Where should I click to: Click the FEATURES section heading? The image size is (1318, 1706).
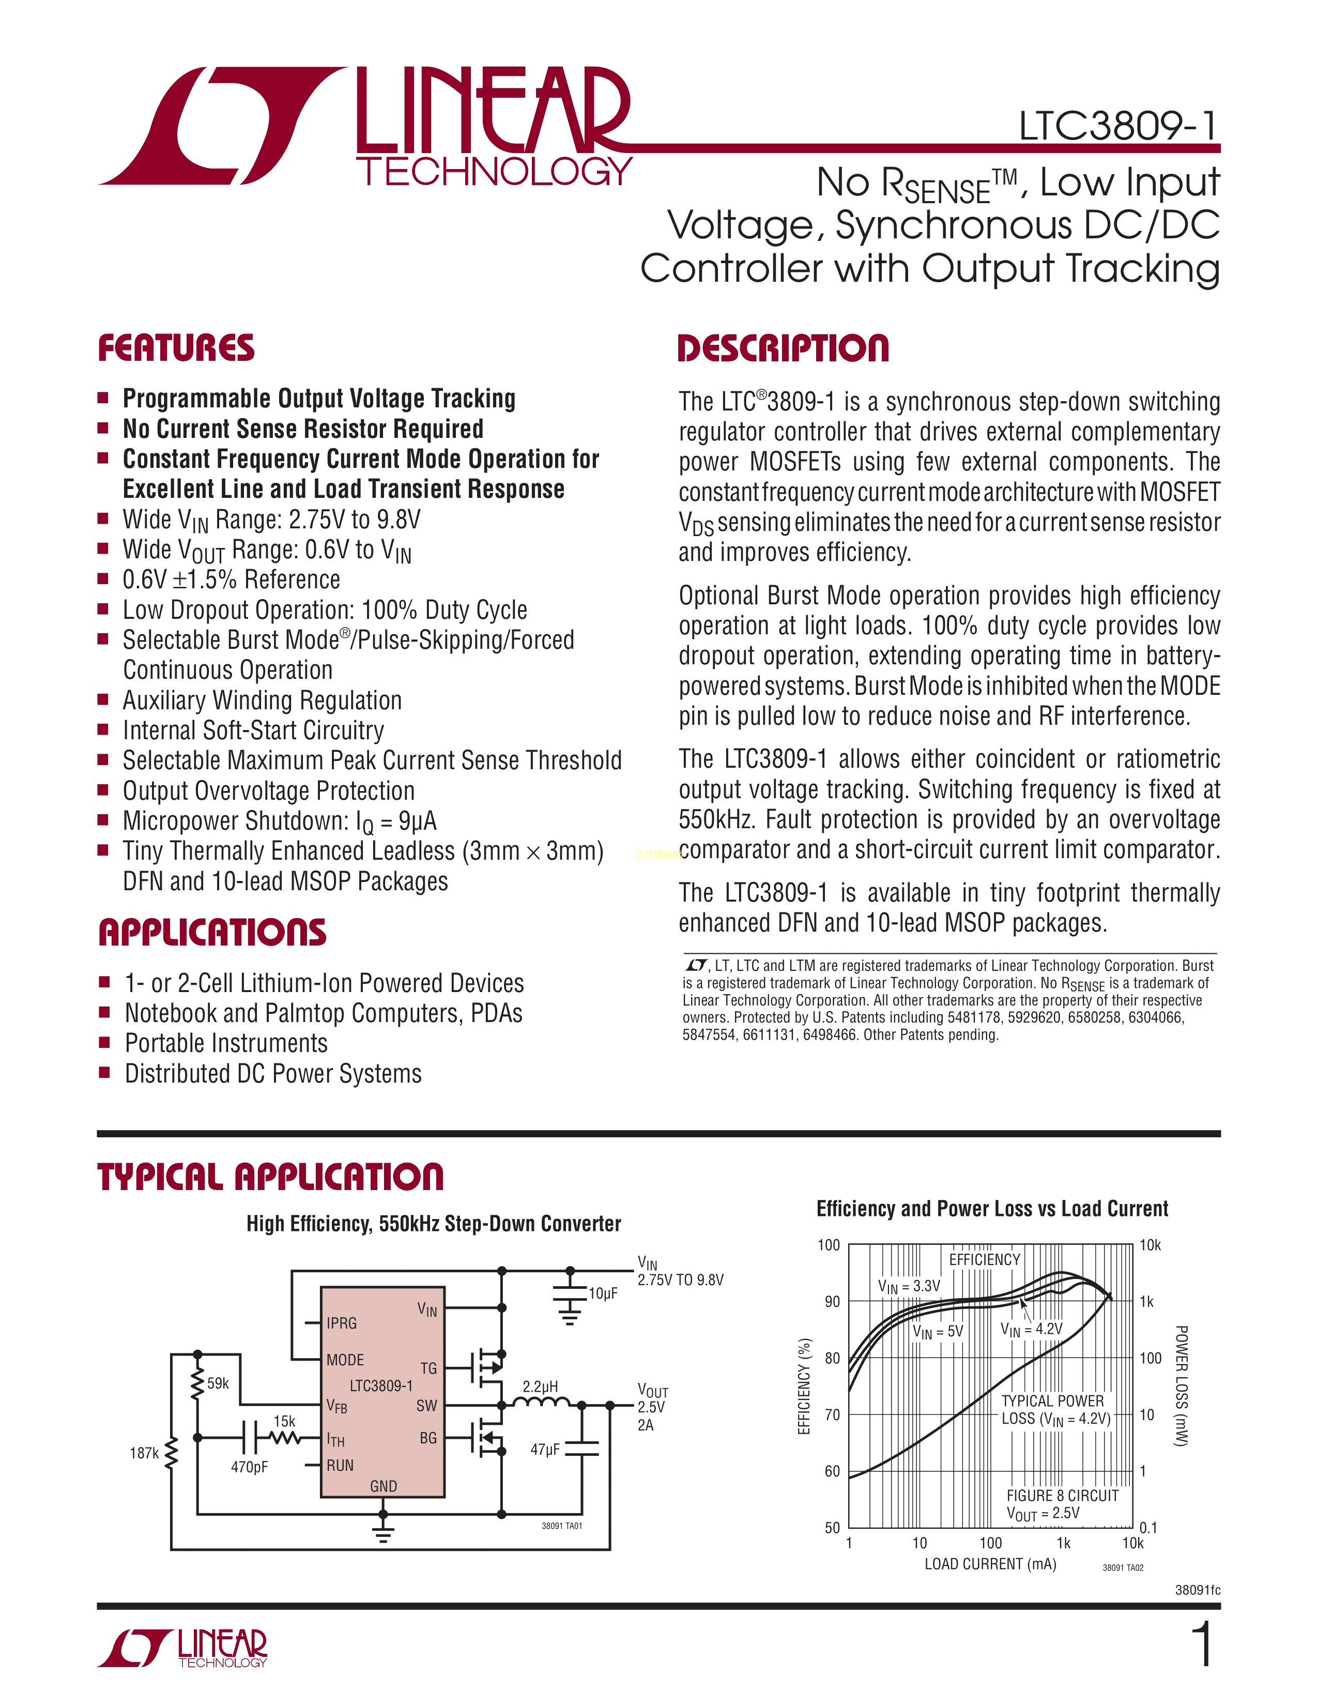[x=176, y=348]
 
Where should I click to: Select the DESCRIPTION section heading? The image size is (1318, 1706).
[x=783, y=348]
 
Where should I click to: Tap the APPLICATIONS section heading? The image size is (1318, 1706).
[x=212, y=933]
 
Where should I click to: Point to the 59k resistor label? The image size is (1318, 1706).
[x=218, y=1383]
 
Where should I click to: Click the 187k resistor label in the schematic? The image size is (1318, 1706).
[x=144, y=1453]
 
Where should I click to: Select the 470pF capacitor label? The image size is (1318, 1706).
[x=249, y=1467]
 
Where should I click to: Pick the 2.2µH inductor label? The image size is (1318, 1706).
[x=540, y=1387]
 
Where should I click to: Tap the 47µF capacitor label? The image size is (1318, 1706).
[x=545, y=1449]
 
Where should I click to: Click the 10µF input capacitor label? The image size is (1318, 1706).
[x=603, y=1293]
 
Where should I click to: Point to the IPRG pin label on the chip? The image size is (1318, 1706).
[x=342, y=1323]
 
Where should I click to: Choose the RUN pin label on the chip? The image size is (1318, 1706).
[x=341, y=1466]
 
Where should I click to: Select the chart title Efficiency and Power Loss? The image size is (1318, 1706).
[x=992, y=1209]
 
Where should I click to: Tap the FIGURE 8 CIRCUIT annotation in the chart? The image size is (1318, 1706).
[x=1062, y=1495]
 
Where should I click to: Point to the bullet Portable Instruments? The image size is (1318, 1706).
[x=226, y=1044]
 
